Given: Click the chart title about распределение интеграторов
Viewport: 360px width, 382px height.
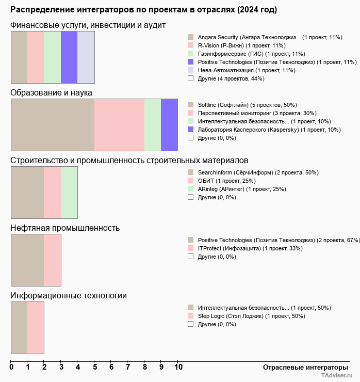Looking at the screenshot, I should (x=143, y=10).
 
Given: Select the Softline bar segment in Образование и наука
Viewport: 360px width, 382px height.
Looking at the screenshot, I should (x=53, y=125).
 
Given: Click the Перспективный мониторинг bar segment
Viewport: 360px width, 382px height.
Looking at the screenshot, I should (x=119, y=125).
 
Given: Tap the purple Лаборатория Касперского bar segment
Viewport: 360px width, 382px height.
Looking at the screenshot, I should (x=169, y=125).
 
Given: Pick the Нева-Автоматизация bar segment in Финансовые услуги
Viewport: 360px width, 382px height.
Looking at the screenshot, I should (x=86, y=57).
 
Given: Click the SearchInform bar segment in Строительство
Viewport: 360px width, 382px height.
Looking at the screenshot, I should (x=27, y=193).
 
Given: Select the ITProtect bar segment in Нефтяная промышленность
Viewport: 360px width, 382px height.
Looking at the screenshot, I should (x=52, y=260).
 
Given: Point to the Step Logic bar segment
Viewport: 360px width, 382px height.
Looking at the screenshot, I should (x=36, y=328).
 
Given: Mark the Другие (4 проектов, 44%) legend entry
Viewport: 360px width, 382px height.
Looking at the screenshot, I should (x=231, y=78).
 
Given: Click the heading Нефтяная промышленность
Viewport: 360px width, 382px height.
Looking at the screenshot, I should (x=65, y=228).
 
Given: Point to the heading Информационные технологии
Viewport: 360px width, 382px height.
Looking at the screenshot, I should (x=69, y=296).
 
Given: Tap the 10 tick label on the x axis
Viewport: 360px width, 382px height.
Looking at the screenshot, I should (x=178, y=367).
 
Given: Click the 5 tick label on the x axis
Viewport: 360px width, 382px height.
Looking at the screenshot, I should (x=95, y=367).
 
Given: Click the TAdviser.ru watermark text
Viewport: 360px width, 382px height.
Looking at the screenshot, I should (x=337, y=376).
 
